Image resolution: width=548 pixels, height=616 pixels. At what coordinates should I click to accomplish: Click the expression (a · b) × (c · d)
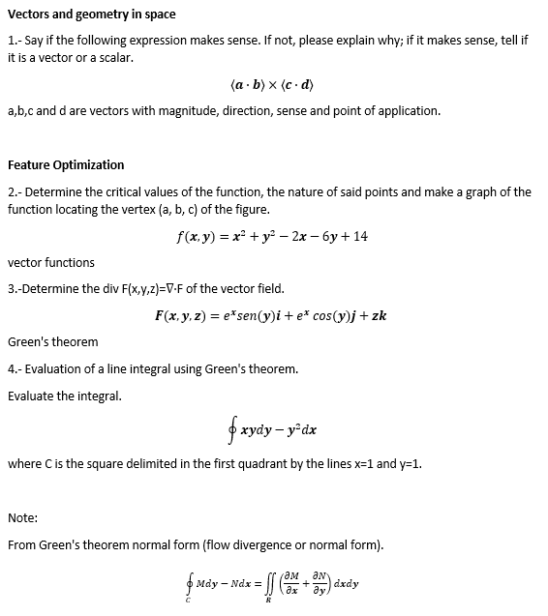point(274,85)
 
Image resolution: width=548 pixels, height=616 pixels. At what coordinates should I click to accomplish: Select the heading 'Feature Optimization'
point(66,164)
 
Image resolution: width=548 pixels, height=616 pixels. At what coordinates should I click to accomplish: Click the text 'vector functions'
point(51,262)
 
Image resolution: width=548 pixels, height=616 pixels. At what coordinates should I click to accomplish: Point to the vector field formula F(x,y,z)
point(271,315)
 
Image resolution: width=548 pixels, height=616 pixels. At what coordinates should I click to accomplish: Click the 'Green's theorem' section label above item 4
point(52,341)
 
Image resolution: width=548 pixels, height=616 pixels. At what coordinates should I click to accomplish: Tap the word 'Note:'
point(22,517)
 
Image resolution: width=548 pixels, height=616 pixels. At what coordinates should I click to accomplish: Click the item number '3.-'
point(15,288)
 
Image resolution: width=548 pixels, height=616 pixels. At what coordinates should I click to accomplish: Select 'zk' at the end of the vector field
point(380,315)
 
